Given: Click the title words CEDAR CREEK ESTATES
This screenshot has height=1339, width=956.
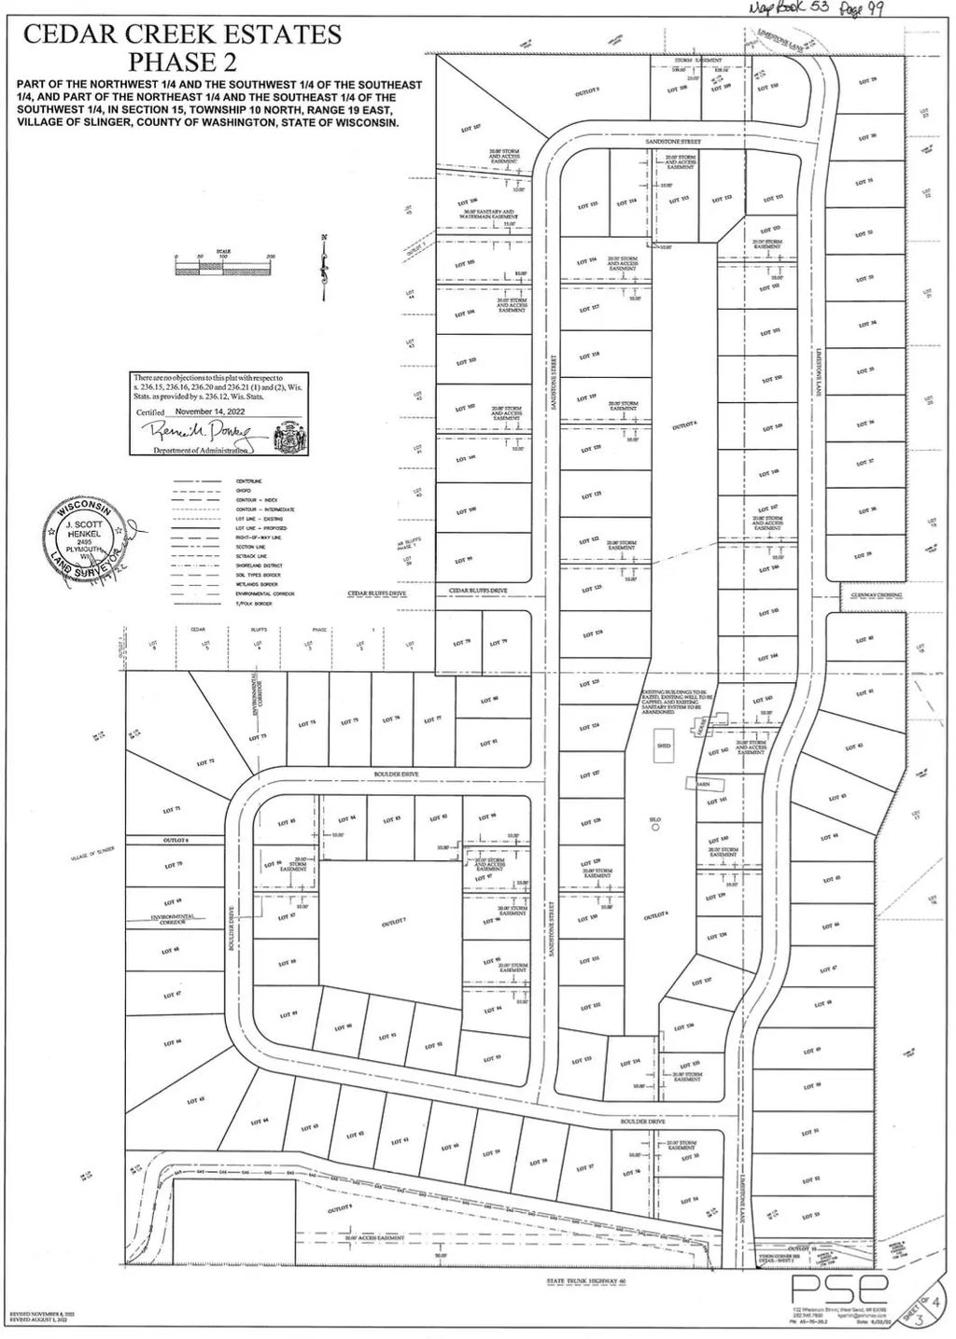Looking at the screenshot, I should coord(182,35).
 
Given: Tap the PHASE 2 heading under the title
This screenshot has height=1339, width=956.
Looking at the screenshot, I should coord(182,62).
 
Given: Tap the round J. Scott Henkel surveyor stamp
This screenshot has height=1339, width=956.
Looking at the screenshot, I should coord(84,542).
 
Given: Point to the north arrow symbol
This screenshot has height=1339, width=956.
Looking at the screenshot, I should coord(324,265).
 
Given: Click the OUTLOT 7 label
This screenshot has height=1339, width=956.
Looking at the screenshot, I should coord(393,922).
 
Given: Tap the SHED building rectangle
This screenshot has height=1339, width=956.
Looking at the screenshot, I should coord(664,746).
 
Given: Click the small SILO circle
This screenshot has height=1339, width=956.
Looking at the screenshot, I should coord(655,827).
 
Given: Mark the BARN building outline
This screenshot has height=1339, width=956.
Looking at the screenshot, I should coord(703,784).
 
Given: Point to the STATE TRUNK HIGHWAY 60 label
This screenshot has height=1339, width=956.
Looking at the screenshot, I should coord(584,1280).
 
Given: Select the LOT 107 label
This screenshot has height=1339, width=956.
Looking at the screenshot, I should coord(471,126).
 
